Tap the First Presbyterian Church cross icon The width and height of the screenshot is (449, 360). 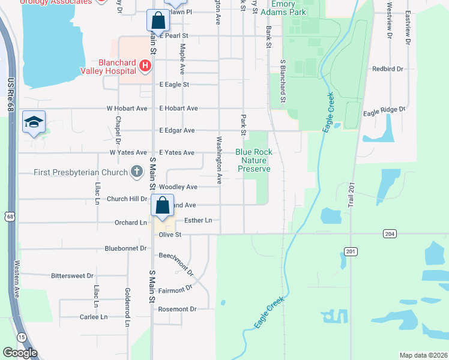[x=137, y=173]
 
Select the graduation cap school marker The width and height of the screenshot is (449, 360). [x=34, y=122]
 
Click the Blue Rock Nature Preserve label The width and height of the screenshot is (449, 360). [x=254, y=160]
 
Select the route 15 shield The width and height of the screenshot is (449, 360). [x=21, y=337]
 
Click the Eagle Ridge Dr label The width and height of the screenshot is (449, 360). [x=385, y=110]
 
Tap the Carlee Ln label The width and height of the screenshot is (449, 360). [x=94, y=317]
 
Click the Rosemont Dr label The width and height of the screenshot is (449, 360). [x=177, y=309]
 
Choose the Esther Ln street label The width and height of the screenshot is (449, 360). [x=198, y=221]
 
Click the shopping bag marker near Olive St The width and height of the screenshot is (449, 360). [x=163, y=206]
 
